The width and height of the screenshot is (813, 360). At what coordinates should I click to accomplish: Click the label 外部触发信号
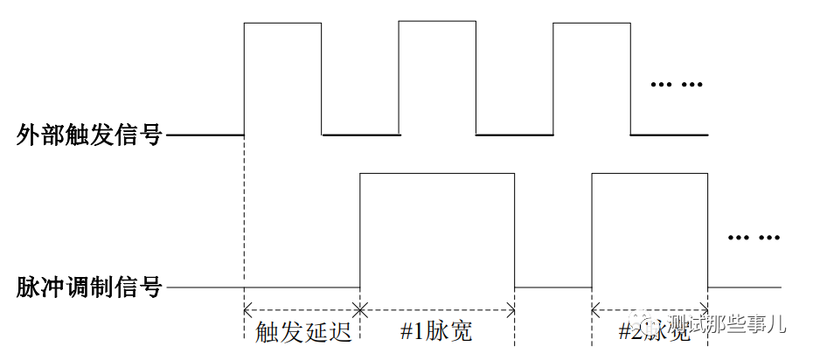click(90, 135)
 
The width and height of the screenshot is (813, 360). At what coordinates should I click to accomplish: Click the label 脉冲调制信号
click(90, 287)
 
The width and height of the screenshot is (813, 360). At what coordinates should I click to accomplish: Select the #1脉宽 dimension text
click(436, 333)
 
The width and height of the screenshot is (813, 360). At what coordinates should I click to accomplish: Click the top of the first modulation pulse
click(437, 174)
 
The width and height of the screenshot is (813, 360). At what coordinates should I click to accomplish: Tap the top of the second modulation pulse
click(650, 174)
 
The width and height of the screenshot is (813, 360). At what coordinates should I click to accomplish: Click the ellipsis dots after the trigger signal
click(678, 86)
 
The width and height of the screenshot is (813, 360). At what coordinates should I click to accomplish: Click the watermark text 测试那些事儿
click(726, 325)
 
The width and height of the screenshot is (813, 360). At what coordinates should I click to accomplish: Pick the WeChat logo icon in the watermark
click(651, 326)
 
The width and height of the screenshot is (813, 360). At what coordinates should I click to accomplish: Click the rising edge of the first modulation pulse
click(360, 231)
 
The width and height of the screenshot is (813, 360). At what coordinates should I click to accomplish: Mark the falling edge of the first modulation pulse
click(515, 231)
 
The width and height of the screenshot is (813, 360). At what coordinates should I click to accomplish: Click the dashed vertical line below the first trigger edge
click(244, 218)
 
